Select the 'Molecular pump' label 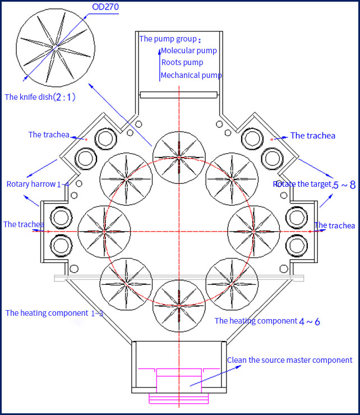188,50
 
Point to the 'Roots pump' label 182,63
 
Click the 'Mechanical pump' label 191,75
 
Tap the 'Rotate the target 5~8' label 314,184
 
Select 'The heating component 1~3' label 54,313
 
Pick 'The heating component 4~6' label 267,321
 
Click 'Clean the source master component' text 289,360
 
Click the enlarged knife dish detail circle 55,49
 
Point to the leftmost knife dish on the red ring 104,230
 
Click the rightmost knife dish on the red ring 254,230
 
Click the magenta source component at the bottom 178,385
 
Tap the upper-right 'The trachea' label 313,136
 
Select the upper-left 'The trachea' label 49,135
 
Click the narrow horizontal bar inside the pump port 178,95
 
